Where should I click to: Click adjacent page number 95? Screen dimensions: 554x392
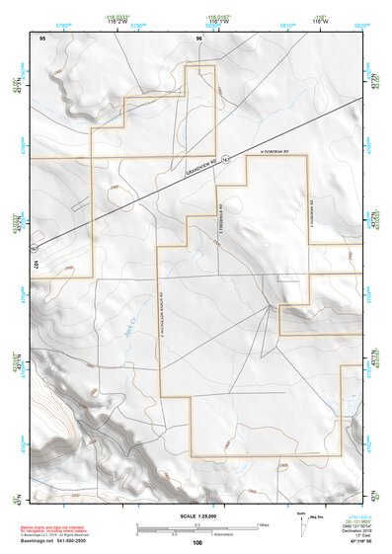42,38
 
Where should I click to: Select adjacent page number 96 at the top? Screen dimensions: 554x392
199,38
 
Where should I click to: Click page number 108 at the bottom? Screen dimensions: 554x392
197,542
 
